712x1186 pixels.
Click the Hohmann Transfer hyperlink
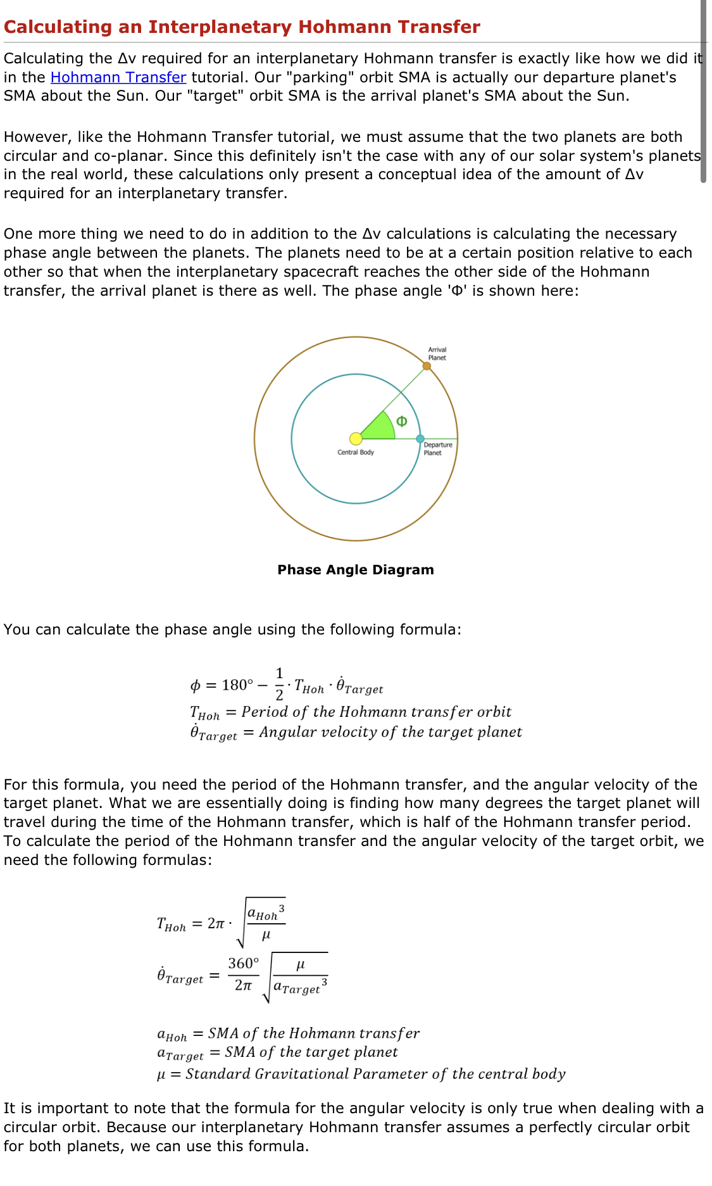118,77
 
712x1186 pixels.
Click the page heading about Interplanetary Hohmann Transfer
242,27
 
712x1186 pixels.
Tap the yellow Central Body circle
356,438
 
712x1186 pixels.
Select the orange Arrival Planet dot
427,366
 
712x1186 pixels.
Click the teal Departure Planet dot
420,439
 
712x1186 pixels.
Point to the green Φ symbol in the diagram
401,422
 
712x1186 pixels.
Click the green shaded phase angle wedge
380,427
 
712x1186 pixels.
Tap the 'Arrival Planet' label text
437,353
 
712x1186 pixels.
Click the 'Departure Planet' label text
437,449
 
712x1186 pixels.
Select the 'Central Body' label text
356,452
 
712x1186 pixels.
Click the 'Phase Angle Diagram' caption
356,569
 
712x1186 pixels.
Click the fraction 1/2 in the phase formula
279,684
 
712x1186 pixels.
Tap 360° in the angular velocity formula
243,964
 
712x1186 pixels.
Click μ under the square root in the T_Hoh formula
266,935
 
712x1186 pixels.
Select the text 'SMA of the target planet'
311,1052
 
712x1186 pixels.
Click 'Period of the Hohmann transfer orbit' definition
376,712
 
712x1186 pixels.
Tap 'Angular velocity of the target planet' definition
390,733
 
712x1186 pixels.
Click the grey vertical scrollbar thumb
703,92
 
